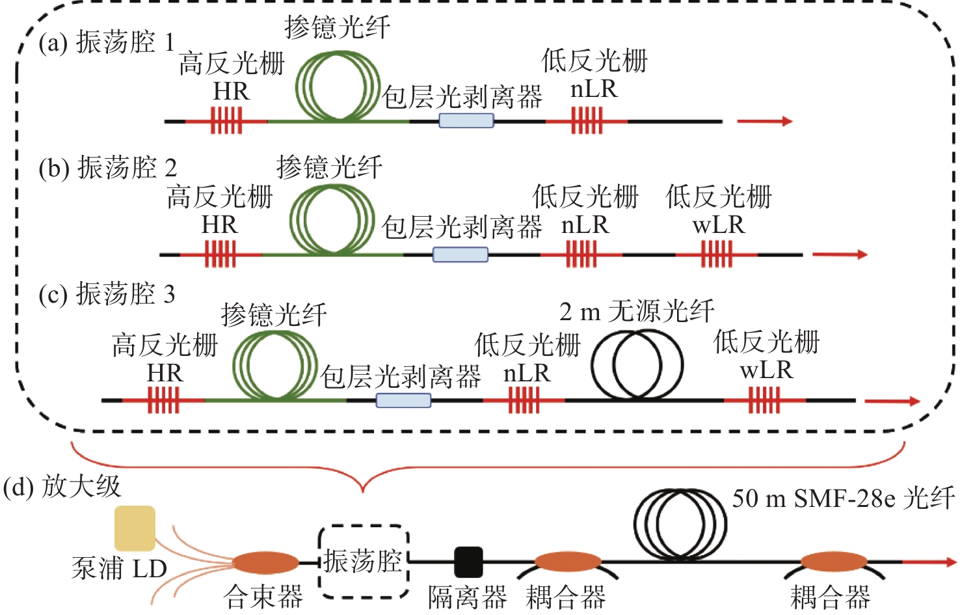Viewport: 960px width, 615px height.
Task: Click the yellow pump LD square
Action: [x=135, y=528]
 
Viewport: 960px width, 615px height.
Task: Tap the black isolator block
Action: [x=468, y=562]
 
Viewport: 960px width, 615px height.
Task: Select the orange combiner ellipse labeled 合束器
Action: [x=265, y=562]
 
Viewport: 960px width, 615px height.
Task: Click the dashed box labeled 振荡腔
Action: [x=363, y=561]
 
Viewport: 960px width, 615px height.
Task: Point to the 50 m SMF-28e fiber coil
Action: [x=680, y=525]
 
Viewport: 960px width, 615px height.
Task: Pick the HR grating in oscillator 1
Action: [x=226, y=121]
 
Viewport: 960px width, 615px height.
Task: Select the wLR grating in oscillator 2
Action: [x=716, y=254]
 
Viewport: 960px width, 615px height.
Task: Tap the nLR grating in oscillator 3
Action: [x=524, y=400]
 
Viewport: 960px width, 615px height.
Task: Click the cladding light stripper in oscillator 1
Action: [x=466, y=120]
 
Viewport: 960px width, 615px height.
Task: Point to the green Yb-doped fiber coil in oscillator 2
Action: [x=332, y=219]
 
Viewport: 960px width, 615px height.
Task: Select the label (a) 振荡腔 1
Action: [x=107, y=43]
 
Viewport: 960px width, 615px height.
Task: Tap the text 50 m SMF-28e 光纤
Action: [x=843, y=499]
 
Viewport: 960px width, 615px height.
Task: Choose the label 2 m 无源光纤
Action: [x=637, y=312]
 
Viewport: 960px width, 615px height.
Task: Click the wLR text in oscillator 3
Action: [x=766, y=370]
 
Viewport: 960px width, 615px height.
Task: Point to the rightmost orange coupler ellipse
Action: [x=833, y=562]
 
